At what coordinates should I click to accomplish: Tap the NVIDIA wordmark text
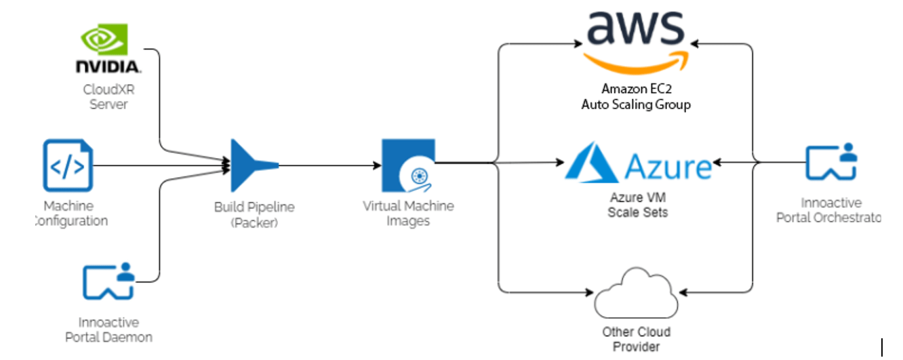(x=108, y=66)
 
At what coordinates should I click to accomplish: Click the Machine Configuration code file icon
(x=68, y=165)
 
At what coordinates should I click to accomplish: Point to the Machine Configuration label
(x=71, y=214)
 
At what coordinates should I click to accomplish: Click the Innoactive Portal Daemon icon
(x=108, y=282)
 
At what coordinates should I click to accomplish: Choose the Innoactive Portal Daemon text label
(x=108, y=329)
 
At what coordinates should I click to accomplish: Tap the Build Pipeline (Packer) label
(x=254, y=214)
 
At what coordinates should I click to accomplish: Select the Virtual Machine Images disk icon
(x=408, y=165)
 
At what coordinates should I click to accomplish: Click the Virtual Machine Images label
(x=408, y=214)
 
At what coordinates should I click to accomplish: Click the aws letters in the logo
(x=635, y=27)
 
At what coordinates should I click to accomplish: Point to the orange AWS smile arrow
(x=636, y=61)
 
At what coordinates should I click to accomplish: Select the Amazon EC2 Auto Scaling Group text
(x=636, y=97)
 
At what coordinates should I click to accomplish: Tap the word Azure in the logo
(x=668, y=165)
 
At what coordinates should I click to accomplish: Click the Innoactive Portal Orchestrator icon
(x=831, y=163)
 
